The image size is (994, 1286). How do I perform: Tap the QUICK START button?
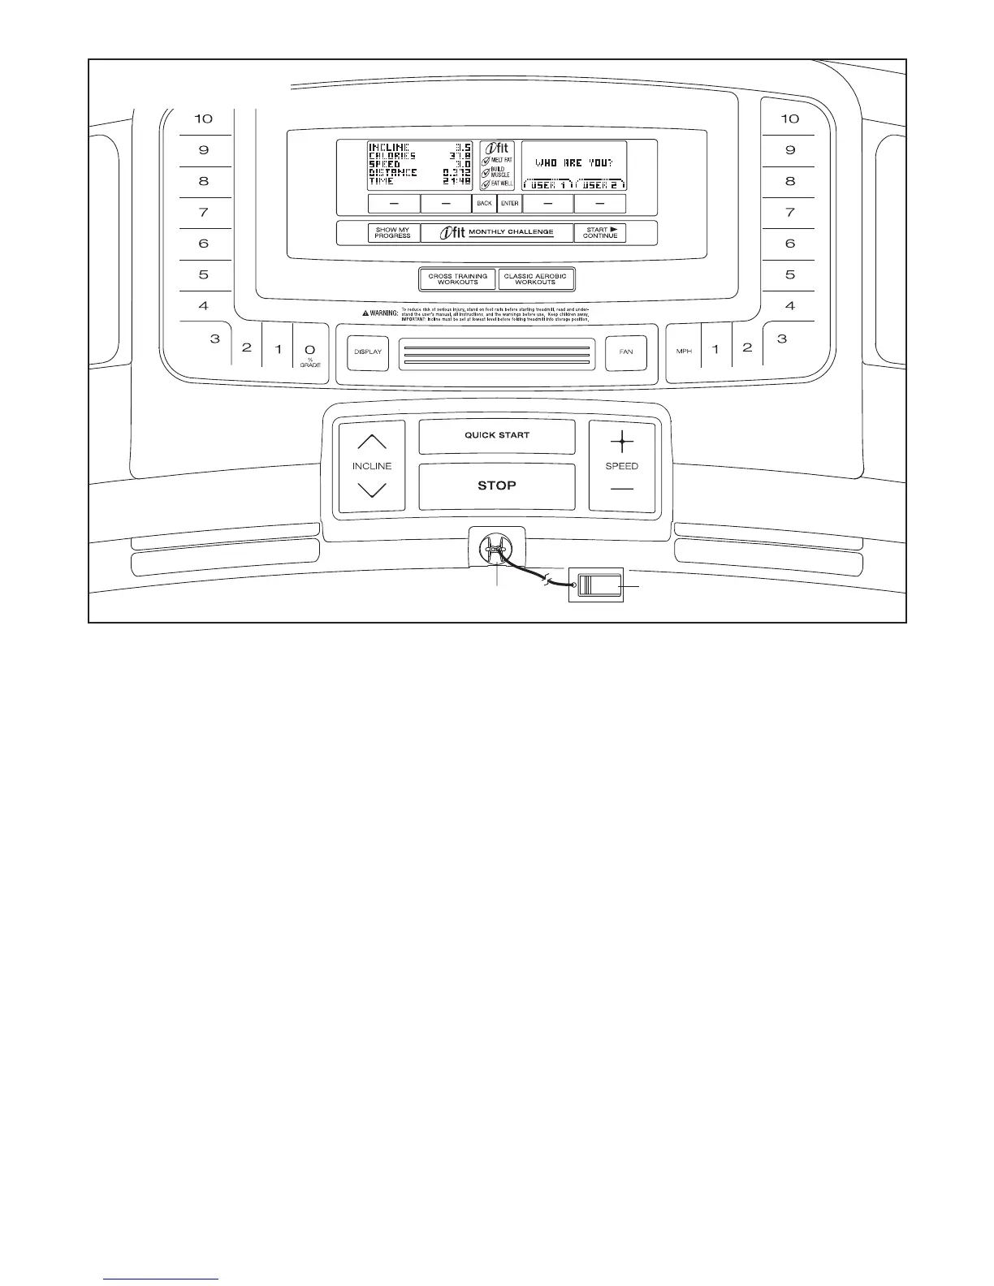pos(497,436)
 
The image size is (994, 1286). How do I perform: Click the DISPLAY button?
pos(368,352)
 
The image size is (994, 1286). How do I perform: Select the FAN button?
pos(626,352)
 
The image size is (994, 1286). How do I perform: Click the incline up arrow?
pos(372,442)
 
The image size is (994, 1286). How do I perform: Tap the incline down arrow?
pos(372,490)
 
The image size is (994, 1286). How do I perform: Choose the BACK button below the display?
pos(484,203)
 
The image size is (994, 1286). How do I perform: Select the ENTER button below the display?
pos(510,203)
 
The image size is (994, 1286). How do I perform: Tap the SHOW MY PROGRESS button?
pos(393,233)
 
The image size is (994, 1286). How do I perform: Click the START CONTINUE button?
pos(600,233)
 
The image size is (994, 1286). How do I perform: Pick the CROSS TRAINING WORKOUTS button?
pos(458,279)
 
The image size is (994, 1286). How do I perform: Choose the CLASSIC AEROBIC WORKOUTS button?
pos(535,279)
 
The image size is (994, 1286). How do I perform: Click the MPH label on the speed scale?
pos(684,352)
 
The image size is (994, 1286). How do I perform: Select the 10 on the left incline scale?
pos(203,119)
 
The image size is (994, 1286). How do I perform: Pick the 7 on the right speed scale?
pos(790,213)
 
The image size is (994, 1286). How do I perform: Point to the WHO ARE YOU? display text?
pos(573,163)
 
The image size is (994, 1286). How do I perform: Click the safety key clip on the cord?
pos(599,586)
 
